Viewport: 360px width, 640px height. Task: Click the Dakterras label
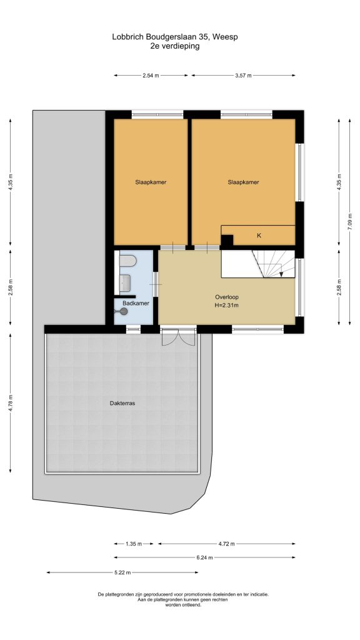[x=122, y=403]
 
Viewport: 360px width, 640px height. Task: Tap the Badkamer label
[x=136, y=303]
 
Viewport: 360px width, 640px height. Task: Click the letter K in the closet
[x=258, y=236]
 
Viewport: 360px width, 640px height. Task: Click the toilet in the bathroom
[x=128, y=261]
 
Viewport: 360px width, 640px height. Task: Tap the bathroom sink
[x=125, y=281]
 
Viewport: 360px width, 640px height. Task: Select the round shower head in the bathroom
[x=124, y=311]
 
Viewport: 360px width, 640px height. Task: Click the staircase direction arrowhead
[x=281, y=274]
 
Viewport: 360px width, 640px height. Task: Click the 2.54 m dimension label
[x=151, y=76]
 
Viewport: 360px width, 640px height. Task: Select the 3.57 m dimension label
[x=243, y=76]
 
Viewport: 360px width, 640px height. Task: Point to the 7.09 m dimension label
[x=350, y=222]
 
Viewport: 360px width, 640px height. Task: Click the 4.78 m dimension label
[x=11, y=403]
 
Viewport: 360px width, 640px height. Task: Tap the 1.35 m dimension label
[x=134, y=544]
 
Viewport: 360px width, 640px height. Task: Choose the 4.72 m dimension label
[x=226, y=544]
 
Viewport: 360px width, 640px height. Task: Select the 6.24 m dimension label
[x=204, y=557]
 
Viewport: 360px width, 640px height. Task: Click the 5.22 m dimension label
[x=122, y=572]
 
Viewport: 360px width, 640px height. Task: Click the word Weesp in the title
[x=227, y=37]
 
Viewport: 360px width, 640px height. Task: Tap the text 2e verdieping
[x=175, y=46]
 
